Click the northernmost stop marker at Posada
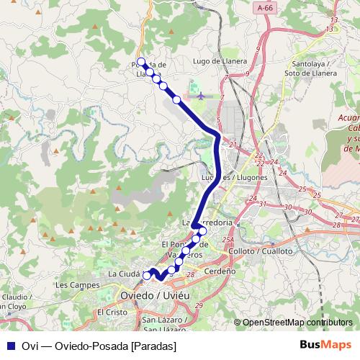coord(141,62)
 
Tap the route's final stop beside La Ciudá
coord(147,275)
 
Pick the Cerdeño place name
coord(220,271)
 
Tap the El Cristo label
coord(112,312)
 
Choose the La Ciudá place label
coord(123,274)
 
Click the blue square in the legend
coord(9,346)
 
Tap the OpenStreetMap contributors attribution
coord(297,323)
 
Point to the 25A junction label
coord(229,240)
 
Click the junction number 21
coord(233,145)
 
